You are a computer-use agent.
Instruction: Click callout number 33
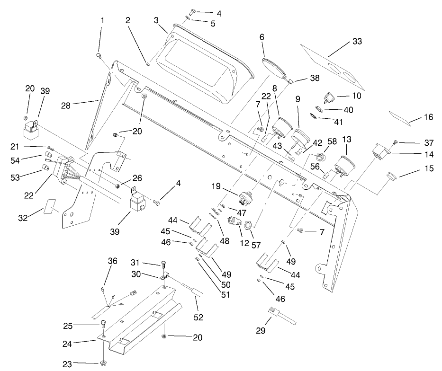[x=357, y=42]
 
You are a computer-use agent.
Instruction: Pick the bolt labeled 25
[x=103, y=325]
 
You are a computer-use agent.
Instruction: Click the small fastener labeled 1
[x=99, y=56]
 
